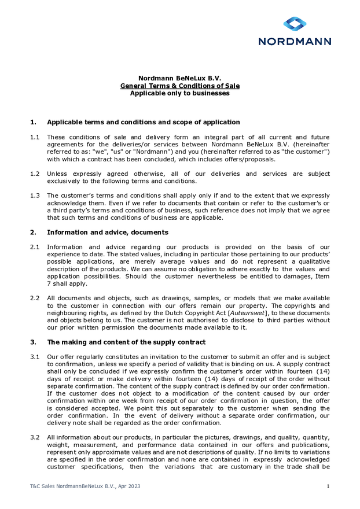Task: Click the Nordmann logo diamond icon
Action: pos(295,24)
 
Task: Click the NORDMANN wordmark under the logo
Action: pos(295,42)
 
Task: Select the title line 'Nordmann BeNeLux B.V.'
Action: pos(179,78)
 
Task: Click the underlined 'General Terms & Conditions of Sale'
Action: pos(179,86)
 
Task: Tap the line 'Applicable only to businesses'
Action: pos(179,93)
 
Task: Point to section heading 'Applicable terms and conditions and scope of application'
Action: pos(143,122)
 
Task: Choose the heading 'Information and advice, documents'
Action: pos(108,233)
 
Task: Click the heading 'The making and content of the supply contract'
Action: pos(126,342)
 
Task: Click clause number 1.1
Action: pos(35,137)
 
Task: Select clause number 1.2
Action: pos(35,174)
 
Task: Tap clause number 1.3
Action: pos(35,196)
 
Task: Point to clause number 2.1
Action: pos(35,247)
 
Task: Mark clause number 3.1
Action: pos(35,357)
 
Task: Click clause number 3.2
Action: pos(35,437)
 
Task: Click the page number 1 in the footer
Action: pos(328,486)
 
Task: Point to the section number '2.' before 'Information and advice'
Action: pos(33,233)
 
